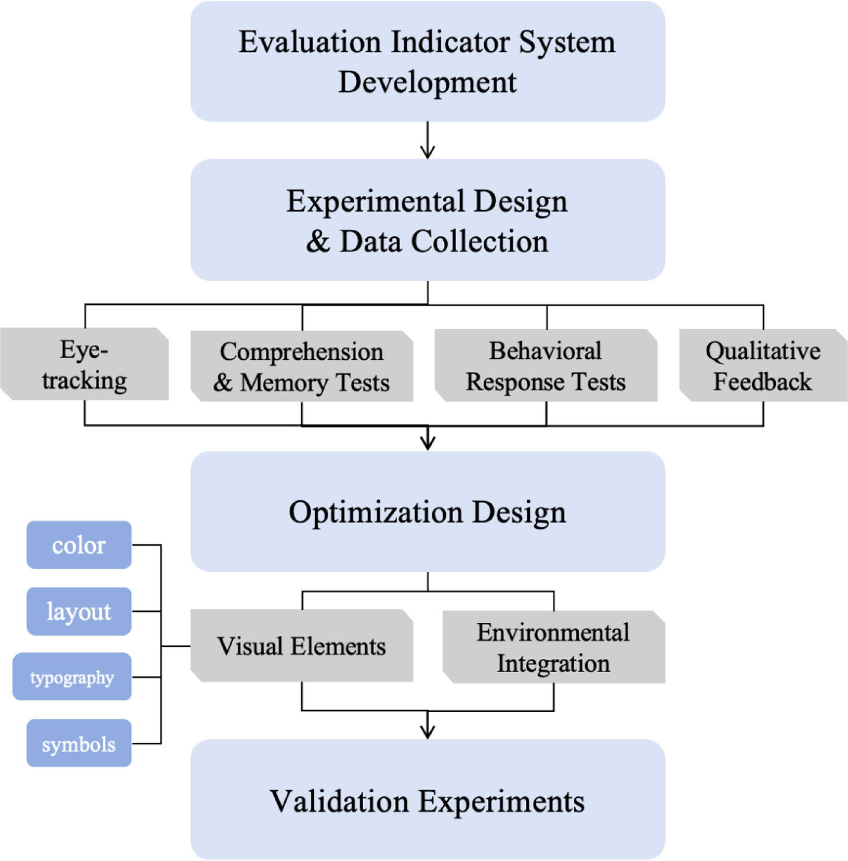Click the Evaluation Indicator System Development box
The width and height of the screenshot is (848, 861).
tap(427, 61)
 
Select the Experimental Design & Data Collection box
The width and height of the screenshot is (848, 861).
tap(427, 220)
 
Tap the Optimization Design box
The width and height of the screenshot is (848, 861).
tap(427, 512)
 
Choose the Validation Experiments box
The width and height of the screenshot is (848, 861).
tap(427, 800)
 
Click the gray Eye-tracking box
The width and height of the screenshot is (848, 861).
tap(84, 364)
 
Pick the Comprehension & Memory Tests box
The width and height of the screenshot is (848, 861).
tap(301, 367)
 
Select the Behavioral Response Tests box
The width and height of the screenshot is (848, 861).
tap(546, 366)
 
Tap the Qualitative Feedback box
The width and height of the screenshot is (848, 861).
tap(763, 366)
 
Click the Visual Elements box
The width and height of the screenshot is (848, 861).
tap(301, 646)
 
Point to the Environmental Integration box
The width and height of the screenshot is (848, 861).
tap(554, 647)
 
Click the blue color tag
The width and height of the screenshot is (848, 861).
tap(79, 545)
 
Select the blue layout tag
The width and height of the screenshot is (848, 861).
tap(79, 612)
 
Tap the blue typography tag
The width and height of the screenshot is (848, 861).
tap(72, 677)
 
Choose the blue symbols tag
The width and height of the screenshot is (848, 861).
tap(79, 743)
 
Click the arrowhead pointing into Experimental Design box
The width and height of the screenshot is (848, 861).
tap(428, 154)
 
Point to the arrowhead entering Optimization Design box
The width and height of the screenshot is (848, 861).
tap(428, 445)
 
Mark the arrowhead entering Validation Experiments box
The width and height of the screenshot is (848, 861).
tap(428, 733)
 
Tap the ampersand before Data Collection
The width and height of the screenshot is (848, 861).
tap(318, 241)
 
